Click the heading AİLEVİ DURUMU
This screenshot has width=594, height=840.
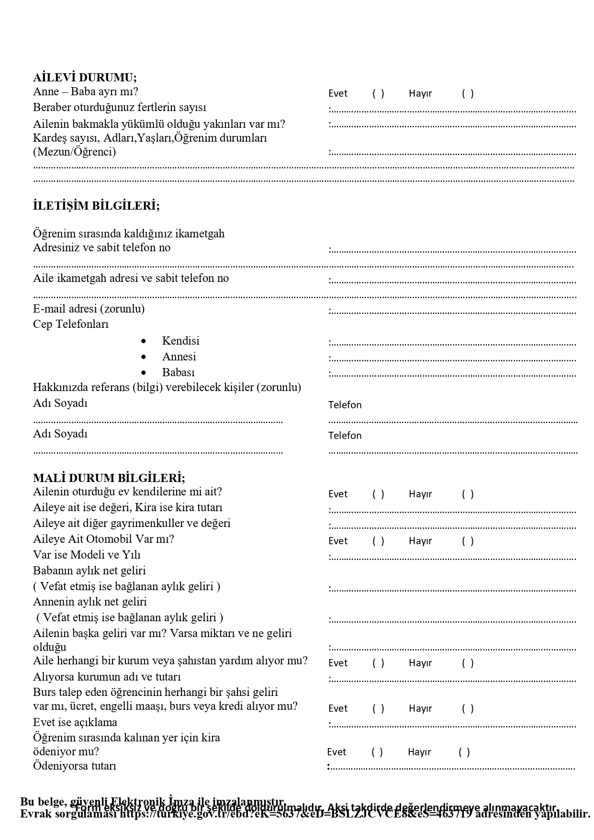[x=85, y=78]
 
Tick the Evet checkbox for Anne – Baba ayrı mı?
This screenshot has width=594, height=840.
[x=378, y=93]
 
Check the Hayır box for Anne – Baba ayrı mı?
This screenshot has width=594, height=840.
[x=468, y=93]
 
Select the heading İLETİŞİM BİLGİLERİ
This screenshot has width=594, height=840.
[x=96, y=206]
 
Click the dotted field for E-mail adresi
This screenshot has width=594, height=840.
[x=453, y=312]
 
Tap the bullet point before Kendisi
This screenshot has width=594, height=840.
[x=144, y=341]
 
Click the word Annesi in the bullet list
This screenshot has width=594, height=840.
[x=179, y=357]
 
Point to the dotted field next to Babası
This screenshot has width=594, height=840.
[x=453, y=375]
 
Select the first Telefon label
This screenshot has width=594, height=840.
[x=345, y=405]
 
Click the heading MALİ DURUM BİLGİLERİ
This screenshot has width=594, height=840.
[x=109, y=478]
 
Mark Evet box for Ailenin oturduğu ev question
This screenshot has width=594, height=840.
[x=378, y=494]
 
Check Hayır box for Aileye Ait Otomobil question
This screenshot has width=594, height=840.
[x=468, y=541]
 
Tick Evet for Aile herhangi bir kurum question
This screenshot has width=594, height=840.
[x=378, y=663]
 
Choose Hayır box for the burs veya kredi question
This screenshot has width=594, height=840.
[x=468, y=708]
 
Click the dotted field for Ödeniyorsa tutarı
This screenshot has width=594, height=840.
[x=452, y=768]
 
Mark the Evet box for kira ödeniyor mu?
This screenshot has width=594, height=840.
[x=377, y=752]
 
